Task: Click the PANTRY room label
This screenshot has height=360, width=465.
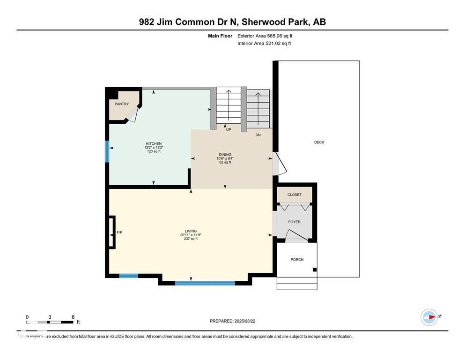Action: point(122,104)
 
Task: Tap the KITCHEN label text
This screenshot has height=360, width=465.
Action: point(154,144)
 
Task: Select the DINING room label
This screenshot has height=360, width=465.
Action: point(225,155)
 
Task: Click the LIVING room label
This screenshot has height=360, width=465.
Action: point(191,231)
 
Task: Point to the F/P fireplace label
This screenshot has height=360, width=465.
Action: point(119,232)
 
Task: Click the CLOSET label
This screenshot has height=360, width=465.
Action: point(295,195)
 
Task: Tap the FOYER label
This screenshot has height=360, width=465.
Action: point(294,222)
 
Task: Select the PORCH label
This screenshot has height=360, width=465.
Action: point(297,259)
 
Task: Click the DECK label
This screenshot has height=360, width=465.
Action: point(319,142)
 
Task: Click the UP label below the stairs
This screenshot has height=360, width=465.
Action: point(229,130)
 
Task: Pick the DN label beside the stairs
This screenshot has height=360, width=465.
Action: point(258,135)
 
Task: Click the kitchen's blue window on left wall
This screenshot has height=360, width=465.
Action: point(107,151)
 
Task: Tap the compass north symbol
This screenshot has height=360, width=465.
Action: point(429,317)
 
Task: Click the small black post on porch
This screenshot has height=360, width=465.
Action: point(315,270)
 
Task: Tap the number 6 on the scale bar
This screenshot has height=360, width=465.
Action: point(73,317)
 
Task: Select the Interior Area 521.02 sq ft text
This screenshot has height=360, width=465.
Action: point(264,43)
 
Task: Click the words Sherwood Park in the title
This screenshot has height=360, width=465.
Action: point(273,22)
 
